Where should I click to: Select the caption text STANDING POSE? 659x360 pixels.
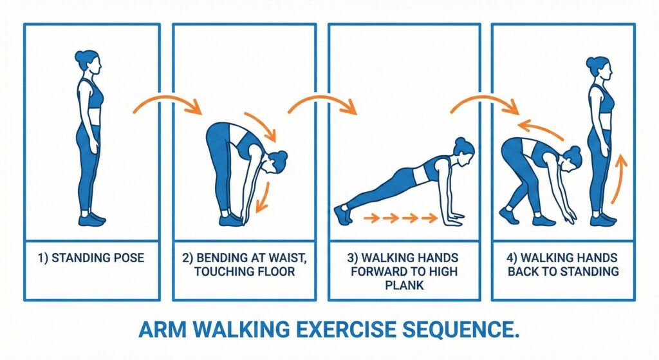pos(98,258)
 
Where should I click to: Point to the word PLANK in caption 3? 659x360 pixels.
pos(404,285)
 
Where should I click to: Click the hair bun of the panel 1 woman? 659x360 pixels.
pos(80,55)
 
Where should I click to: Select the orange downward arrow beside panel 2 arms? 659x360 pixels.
pos(264,196)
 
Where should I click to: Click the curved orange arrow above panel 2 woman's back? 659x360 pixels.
pos(261,125)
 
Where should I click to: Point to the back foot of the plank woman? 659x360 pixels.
pos(343,214)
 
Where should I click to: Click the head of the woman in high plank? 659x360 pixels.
pos(463,152)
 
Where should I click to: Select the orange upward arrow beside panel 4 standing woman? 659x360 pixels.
pos(618,179)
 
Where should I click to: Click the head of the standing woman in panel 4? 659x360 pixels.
pos(599,70)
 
